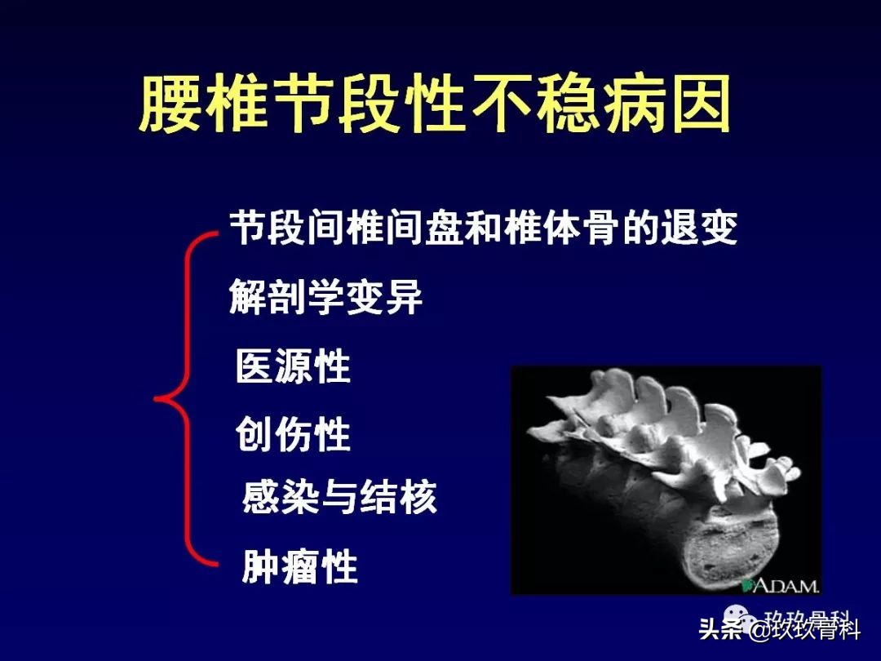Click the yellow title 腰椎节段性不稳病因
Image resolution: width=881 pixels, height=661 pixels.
434,105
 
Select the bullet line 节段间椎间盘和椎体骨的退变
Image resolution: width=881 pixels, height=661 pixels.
483,228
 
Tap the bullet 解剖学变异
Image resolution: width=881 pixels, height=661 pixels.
326,297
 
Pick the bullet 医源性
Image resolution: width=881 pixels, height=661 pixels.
293,366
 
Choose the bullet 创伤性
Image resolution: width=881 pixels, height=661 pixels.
293,435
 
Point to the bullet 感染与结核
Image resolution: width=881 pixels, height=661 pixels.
339,496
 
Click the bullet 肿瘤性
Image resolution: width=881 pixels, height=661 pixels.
300,566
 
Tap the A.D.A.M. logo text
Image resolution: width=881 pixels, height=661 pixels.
786,585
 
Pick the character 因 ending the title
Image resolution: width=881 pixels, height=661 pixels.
700,105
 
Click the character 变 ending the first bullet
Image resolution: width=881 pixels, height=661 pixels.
720,228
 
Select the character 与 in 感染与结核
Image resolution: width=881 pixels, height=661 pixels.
339,496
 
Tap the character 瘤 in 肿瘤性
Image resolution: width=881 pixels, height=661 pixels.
300,566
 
